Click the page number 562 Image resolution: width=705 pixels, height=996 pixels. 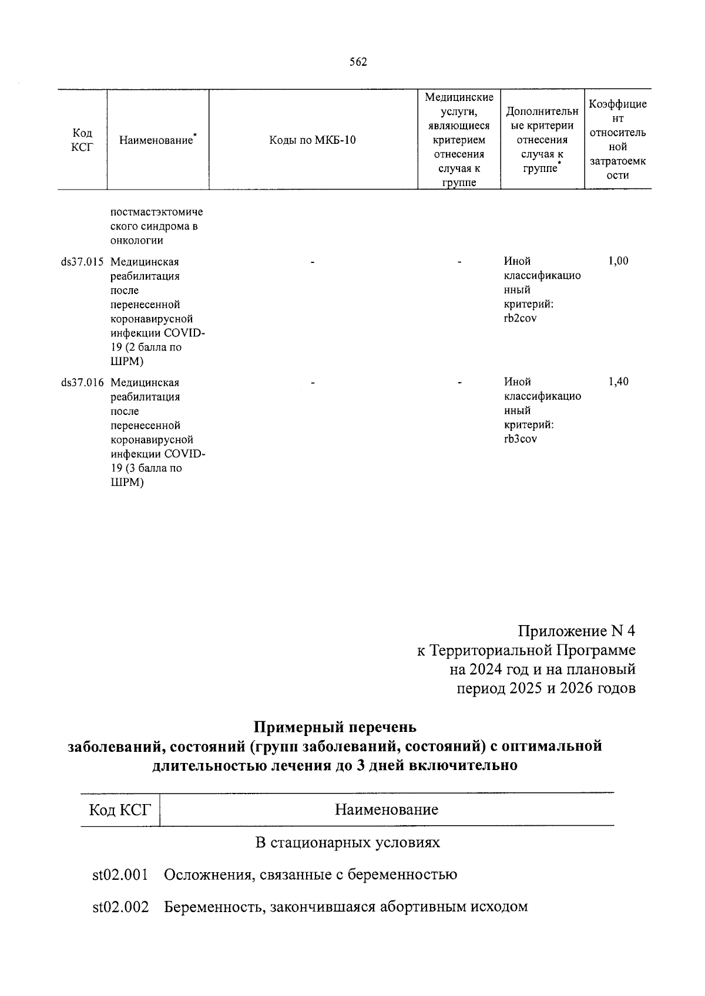coord(358,62)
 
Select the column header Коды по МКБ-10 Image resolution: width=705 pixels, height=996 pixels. coord(313,140)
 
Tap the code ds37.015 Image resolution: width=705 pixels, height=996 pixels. coord(82,262)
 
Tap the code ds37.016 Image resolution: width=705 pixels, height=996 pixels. coord(82,383)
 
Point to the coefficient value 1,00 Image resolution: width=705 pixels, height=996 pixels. coord(618,261)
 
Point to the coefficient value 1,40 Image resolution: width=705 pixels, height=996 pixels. coord(618,382)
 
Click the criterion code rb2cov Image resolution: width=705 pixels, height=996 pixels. coord(520,319)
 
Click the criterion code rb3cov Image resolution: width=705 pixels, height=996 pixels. coord(520,440)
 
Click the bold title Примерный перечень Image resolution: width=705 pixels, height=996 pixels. coord(335,727)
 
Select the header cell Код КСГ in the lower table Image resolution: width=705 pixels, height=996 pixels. coord(120,811)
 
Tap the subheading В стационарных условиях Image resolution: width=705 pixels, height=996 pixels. coord(347,843)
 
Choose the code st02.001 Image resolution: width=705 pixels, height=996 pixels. coord(120,875)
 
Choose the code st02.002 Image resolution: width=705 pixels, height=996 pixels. coord(120,907)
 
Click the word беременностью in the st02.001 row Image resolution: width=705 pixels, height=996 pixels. coord(402,875)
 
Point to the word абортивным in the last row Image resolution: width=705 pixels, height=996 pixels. coord(420,907)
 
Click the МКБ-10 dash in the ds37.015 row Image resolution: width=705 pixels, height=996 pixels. coord(313,262)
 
